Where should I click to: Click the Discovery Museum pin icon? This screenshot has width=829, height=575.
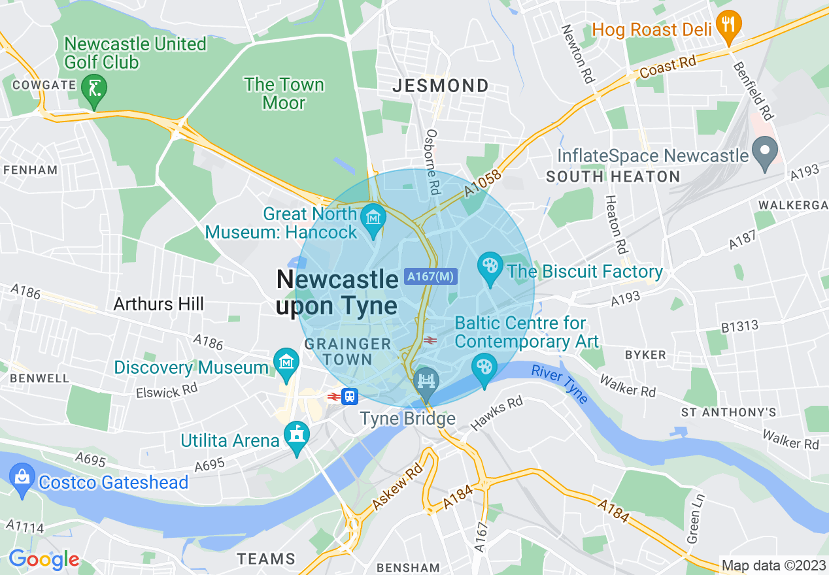click(x=286, y=363)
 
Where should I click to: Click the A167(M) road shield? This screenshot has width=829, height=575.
click(x=430, y=277)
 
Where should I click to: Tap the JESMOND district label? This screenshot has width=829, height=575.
click(x=441, y=86)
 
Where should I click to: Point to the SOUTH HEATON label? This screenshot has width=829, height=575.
click(x=613, y=177)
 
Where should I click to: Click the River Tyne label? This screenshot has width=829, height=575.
click(x=560, y=384)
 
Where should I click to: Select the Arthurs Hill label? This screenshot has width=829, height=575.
click(x=158, y=304)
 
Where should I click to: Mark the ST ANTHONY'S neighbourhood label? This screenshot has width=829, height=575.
click(x=728, y=412)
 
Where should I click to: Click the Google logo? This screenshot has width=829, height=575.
click(x=44, y=559)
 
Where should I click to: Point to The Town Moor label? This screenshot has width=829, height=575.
click(x=284, y=93)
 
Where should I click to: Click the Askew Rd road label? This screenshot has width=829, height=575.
click(x=397, y=489)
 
